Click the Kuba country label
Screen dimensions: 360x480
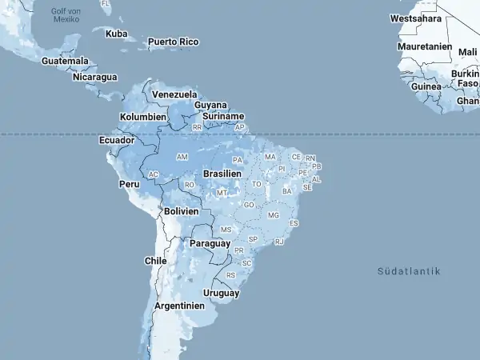[116, 34]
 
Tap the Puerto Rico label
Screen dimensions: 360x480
[173, 42]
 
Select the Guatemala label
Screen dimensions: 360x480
[65, 61]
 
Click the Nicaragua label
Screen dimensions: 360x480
[94, 78]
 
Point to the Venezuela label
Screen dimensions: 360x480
[174, 94]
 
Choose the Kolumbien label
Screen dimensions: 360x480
[142, 117]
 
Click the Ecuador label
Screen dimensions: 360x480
[116, 140]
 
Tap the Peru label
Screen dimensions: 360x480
[129, 184]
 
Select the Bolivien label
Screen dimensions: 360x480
[181, 211]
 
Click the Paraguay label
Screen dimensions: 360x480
[210, 243]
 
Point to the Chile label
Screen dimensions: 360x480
[155, 261]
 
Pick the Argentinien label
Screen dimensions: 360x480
[179, 306]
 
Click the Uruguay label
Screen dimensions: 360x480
[221, 293]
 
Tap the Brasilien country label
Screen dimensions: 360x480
[222, 173]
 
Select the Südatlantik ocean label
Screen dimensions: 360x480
[409, 272]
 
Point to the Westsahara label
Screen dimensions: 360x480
[415, 18]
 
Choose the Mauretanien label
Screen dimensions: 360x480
[425, 46]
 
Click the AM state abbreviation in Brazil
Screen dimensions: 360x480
[182, 157]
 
